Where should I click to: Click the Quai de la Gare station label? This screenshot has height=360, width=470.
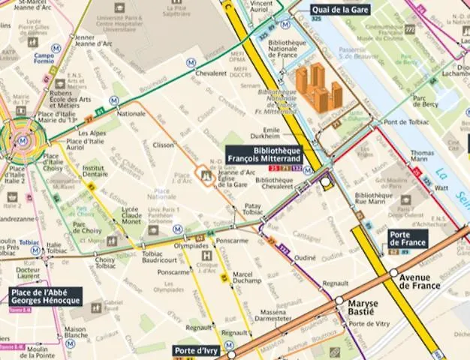click(x=339, y=9)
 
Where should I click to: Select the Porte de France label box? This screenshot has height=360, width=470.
click(x=407, y=238)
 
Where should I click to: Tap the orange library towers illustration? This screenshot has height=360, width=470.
click(x=319, y=88)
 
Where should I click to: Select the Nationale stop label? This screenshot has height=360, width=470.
click(x=131, y=114)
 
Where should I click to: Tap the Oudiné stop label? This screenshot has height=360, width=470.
click(x=305, y=257)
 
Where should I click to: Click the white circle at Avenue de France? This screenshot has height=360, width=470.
click(x=393, y=273)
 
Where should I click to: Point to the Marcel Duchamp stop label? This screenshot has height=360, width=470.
click(x=247, y=279)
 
